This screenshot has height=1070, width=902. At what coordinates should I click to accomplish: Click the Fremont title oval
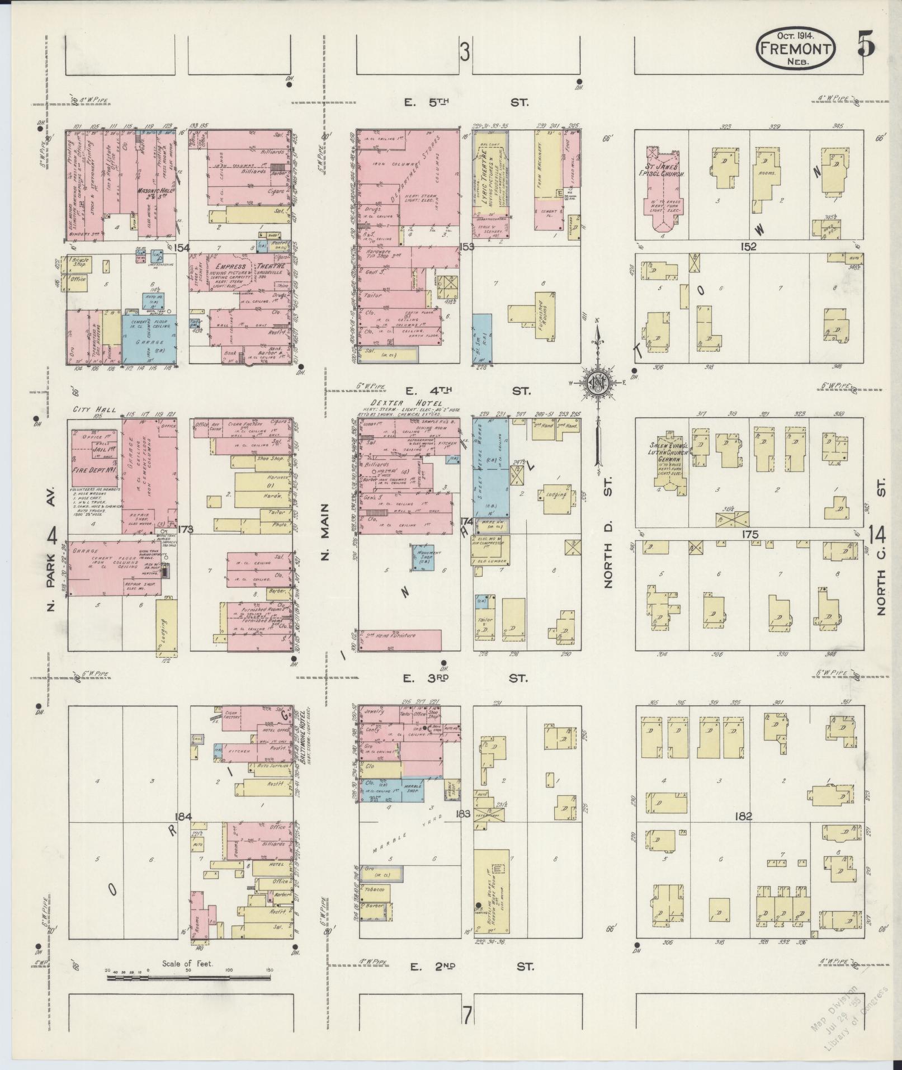click(795, 49)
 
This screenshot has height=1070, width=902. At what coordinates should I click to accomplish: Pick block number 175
click(749, 534)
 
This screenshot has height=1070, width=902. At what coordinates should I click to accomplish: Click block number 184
click(183, 817)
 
